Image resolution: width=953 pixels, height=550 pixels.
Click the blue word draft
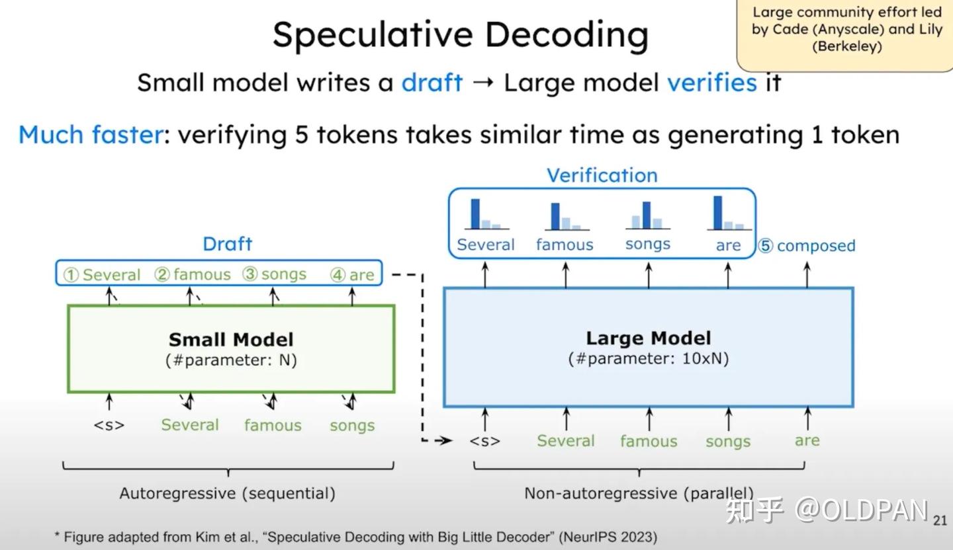pyautogui.click(x=431, y=83)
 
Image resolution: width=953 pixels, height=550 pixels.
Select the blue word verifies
pyautogui.click(x=711, y=83)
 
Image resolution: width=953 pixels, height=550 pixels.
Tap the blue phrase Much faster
pyautogui.click(x=91, y=135)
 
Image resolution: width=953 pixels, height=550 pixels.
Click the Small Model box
pyautogui.click(x=231, y=348)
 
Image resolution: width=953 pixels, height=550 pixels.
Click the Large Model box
pyautogui.click(x=648, y=348)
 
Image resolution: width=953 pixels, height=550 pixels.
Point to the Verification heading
pyautogui.click(x=602, y=175)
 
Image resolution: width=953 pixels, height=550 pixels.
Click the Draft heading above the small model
pyautogui.click(x=227, y=244)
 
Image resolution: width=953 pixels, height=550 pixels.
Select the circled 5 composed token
pyautogui.click(x=807, y=246)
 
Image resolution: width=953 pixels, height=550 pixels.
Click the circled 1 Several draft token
pyautogui.click(x=102, y=274)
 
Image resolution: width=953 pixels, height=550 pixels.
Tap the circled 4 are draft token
pyautogui.click(x=353, y=274)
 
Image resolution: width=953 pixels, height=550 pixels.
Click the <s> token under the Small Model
pyautogui.click(x=109, y=425)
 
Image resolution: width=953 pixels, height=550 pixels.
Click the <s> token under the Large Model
pyautogui.click(x=484, y=441)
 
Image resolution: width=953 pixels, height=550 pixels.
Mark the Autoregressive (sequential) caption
pyautogui.click(x=227, y=493)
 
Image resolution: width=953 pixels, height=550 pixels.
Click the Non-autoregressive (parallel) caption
pyautogui.click(x=639, y=493)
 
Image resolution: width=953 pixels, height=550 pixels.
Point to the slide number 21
pyautogui.click(x=940, y=521)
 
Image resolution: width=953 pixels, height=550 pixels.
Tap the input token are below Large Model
pyautogui.click(x=807, y=440)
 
